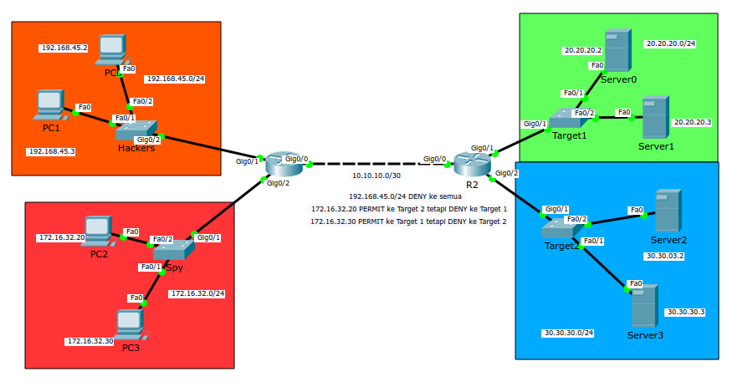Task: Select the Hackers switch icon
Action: [x=136, y=130]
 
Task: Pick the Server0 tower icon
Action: [x=617, y=50]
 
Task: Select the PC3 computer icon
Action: [x=130, y=323]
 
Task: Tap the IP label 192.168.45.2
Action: [x=64, y=48]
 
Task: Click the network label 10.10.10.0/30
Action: [x=377, y=176]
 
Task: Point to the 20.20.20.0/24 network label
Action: [x=670, y=43]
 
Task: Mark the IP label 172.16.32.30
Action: [x=90, y=341]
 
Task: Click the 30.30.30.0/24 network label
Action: [x=568, y=333]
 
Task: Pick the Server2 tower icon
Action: [x=667, y=211]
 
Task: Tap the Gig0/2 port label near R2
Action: [x=507, y=173]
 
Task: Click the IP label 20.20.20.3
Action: [x=692, y=122]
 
